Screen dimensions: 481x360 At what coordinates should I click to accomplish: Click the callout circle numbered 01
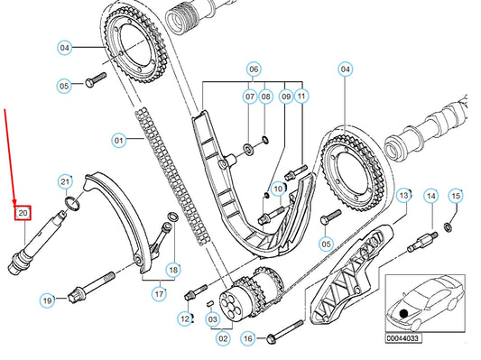pos(119,141)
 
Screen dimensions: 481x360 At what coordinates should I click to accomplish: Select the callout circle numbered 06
pos(254,69)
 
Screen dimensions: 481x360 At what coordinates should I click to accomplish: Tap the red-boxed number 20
pos(23,213)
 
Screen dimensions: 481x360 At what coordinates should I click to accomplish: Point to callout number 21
pos(65,182)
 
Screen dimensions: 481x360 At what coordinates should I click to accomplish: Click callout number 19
pos(47,300)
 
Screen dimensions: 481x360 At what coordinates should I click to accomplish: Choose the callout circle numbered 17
pos(159,294)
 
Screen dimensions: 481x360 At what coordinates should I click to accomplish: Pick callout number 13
pos(403,195)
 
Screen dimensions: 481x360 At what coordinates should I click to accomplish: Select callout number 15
pos(456,196)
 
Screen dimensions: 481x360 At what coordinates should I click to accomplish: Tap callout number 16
pos(248,338)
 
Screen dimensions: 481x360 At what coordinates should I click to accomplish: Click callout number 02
pos(223,338)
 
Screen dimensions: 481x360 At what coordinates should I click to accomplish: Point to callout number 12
pos(185,318)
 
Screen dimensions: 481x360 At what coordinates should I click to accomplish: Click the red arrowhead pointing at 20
pos(14,202)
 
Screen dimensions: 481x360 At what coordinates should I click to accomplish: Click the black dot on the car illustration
pos(403,313)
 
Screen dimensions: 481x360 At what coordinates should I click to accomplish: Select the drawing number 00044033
pos(403,338)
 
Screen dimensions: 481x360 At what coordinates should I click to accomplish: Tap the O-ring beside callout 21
pos(73,204)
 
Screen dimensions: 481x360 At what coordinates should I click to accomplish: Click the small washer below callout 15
pos(448,227)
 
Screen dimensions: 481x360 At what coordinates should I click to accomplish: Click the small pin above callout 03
pos(210,303)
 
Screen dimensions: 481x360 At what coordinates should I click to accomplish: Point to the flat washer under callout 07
pos(248,149)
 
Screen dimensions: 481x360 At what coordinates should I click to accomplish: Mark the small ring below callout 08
pos(265,140)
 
